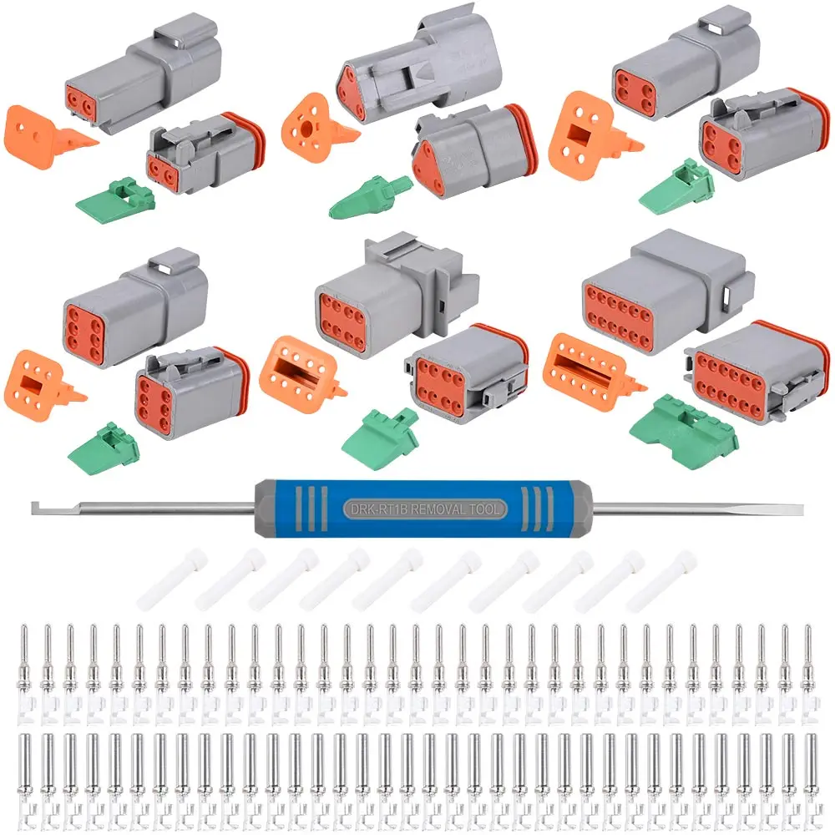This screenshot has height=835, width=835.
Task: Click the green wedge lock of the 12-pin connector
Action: point(683,428)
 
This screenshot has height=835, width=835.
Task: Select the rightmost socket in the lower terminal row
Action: point(807,768)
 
